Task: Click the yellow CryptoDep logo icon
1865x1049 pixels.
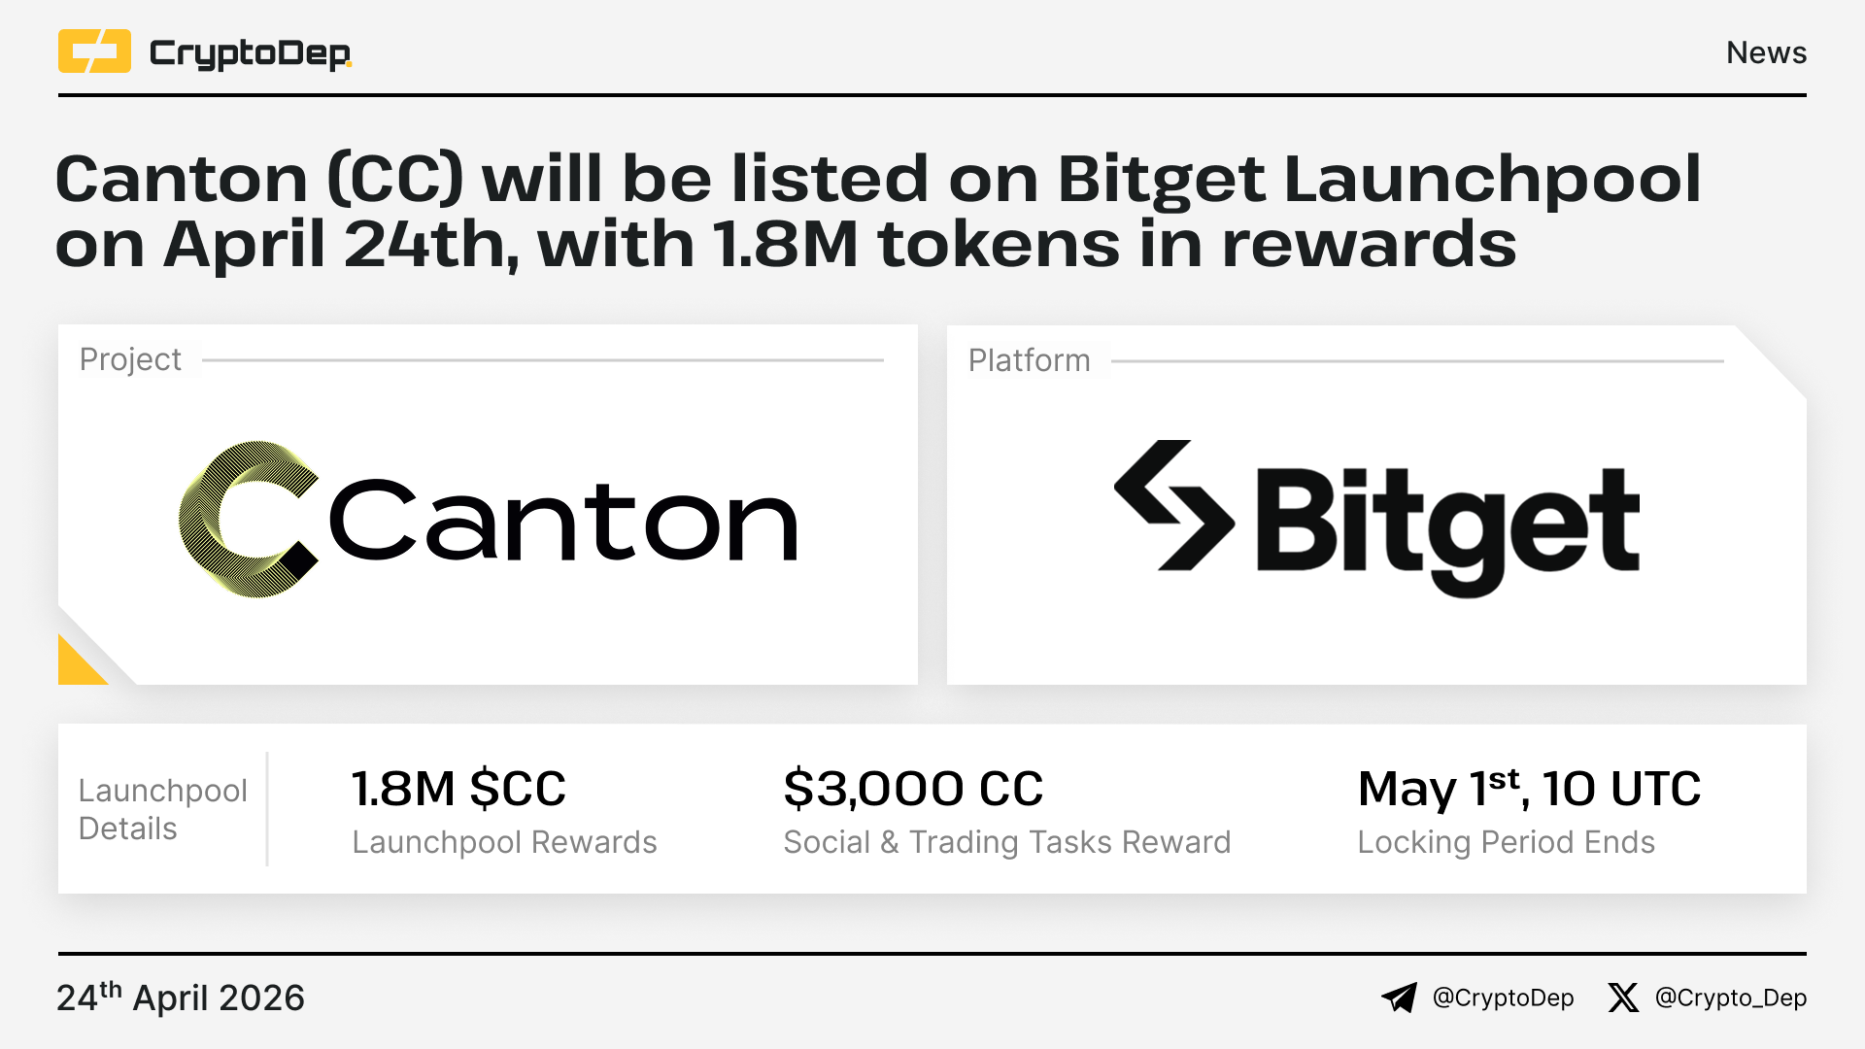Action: [94, 51]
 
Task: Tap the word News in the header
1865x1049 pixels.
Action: [1766, 52]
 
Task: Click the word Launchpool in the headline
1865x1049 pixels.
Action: [1492, 180]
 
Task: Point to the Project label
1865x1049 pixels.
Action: [130, 359]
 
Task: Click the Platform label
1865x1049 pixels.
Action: [1029, 360]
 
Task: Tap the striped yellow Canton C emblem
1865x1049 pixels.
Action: [249, 519]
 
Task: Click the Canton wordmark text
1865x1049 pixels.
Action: [563, 521]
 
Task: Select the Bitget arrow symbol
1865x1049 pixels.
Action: [1174, 505]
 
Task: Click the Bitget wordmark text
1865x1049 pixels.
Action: [1447, 530]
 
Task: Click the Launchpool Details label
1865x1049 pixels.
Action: [162, 809]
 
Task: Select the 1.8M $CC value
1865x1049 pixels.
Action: [458, 788]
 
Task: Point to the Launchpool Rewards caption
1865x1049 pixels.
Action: [504, 842]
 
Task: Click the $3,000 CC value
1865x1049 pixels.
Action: [913, 788]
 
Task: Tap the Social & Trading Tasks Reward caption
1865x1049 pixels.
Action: [1007, 842]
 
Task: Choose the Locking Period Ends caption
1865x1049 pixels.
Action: [1506, 842]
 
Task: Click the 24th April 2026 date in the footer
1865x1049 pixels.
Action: [181, 998]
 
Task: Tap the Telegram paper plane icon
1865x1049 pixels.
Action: [1400, 998]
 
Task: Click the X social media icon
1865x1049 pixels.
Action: [1623, 998]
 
